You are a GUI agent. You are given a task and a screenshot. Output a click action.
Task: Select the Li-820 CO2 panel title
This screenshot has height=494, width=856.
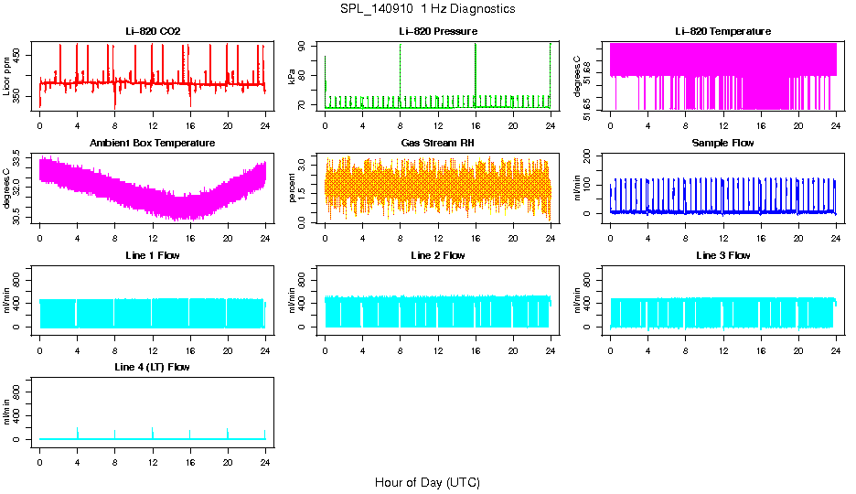pyautogui.click(x=153, y=31)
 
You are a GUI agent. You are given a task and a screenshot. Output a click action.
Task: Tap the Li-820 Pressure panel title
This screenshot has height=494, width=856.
pyautogui.click(x=438, y=31)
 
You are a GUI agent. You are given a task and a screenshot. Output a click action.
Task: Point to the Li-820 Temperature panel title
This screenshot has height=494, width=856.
pyautogui.click(x=722, y=31)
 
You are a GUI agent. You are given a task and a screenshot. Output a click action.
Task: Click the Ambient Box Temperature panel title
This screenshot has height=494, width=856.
pyautogui.click(x=153, y=144)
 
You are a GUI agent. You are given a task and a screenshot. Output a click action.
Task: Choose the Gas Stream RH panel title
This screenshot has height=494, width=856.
pyautogui.click(x=438, y=144)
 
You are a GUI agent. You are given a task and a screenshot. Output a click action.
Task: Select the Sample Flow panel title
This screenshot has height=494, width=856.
pyautogui.click(x=722, y=144)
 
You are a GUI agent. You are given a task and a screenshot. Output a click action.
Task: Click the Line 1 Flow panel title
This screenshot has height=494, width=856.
pyautogui.click(x=153, y=255)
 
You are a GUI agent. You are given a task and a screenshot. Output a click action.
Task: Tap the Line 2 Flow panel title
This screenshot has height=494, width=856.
pyautogui.click(x=438, y=255)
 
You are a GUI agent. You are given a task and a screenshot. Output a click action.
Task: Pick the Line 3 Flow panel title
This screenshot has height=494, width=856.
pyautogui.click(x=722, y=255)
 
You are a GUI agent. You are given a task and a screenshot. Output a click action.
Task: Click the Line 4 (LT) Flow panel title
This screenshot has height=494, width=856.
pyautogui.click(x=153, y=367)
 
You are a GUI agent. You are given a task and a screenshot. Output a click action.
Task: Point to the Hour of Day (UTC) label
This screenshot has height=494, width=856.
pyautogui.click(x=427, y=482)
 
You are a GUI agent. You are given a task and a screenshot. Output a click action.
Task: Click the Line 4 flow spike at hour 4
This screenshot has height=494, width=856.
pyautogui.click(x=78, y=432)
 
